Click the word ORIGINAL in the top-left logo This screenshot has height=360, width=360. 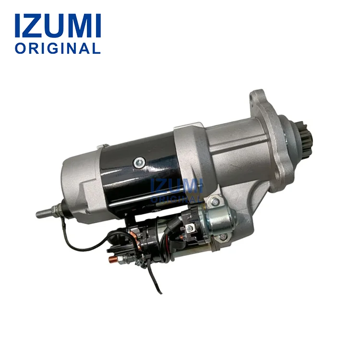[x=58, y=48]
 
